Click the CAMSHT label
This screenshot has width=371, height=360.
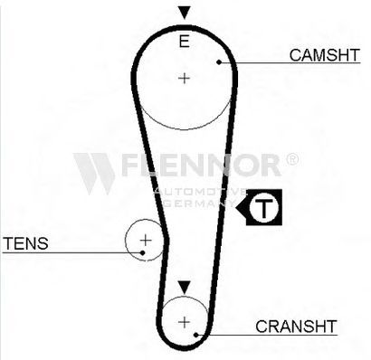point(325,55)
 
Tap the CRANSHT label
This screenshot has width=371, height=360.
point(296,327)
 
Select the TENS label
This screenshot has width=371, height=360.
point(25,243)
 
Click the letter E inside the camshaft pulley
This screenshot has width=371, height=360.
point(184,42)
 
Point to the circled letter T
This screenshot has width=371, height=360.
point(263,207)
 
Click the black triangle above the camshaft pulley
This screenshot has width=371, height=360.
point(184,13)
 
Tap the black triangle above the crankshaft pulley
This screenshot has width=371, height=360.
point(184,288)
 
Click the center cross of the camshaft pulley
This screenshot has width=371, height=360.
point(184,79)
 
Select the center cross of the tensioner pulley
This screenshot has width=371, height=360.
point(146,241)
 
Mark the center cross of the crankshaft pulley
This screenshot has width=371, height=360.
point(184,322)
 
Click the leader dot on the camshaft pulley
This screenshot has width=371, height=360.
point(219,62)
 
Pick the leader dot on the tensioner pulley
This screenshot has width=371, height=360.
point(143,252)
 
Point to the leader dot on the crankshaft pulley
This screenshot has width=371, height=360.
point(195,335)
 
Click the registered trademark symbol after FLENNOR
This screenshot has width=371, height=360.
point(291,159)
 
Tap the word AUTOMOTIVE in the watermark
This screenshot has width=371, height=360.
point(200,192)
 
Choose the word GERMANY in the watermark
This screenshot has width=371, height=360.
point(199,204)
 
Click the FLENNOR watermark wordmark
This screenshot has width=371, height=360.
point(201,165)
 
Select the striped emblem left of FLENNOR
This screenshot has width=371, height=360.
point(94,174)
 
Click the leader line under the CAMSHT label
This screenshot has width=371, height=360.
point(290,62)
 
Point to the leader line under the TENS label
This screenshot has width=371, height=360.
point(72,252)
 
